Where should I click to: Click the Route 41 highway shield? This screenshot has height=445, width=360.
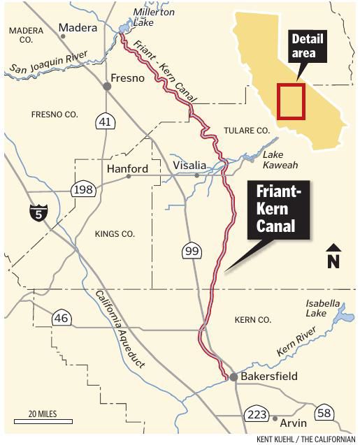pos(105,122)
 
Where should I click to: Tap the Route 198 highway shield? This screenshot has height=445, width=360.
pos(82,189)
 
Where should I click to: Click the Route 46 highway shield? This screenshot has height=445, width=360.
pos(62,319)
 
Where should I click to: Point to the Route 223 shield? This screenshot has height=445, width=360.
pos(257,414)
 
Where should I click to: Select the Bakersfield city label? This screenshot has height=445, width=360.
pos(269,377)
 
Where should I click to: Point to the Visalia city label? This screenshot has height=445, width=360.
pos(189,166)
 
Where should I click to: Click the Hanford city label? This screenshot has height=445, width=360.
pos(127,169)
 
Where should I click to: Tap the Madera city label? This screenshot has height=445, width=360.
pos(77,28)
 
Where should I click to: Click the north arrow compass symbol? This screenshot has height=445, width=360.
pos(333,256)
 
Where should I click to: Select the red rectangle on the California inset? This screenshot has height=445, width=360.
pos(291,102)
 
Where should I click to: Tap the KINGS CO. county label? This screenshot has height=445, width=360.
pos(115,234)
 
